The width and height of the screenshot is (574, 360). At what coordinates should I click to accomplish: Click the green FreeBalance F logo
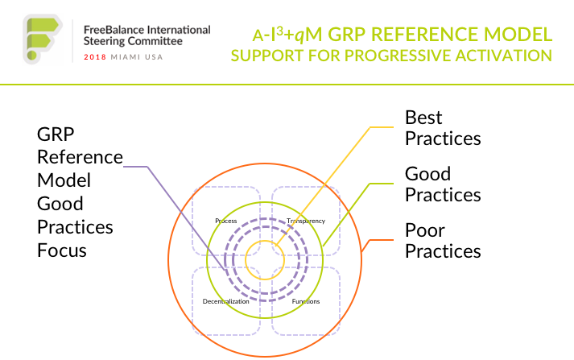[x=43, y=39]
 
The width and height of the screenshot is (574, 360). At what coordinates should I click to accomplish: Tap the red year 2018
[x=95, y=57]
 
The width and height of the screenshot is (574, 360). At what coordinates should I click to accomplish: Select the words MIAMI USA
[x=137, y=57]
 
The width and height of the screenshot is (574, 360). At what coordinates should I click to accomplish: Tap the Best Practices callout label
[x=443, y=128]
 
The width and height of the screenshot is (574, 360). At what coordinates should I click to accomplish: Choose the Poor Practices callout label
[x=443, y=241]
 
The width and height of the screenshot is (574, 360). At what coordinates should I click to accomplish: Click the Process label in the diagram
[x=226, y=221]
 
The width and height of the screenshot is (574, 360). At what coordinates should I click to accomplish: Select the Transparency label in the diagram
[x=306, y=221]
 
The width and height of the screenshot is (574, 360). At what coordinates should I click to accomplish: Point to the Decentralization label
[x=226, y=301]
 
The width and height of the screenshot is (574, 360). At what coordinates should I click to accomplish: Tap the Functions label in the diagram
[x=306, y=301]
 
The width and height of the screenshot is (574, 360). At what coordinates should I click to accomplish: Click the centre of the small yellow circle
[x=265, y=260]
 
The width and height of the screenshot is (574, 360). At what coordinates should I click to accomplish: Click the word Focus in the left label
[x=62, y=250]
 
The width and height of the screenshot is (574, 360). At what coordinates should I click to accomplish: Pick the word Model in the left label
[x=64, y=180]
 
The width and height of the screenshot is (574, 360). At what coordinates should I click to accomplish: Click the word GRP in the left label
[x=56, y=134]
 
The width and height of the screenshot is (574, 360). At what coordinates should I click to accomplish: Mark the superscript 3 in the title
[x=279, y=31]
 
